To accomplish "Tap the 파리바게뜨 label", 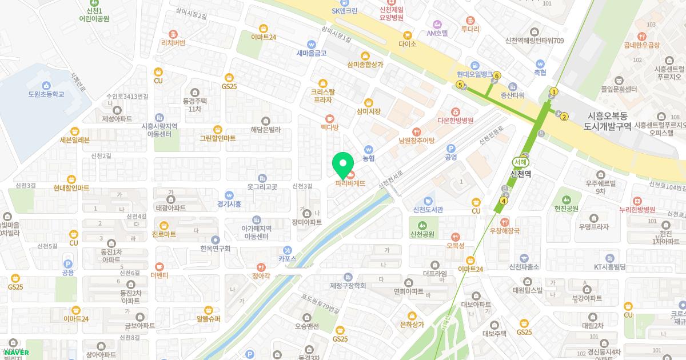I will click(350, 183).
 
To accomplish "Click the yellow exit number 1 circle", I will click(553, 91).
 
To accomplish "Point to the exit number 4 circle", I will click(504, 201).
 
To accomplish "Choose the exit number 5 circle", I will click(460, 85).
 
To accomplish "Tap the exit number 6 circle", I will click(497, 75).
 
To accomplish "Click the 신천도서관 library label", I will click(428, 210).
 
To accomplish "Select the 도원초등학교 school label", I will click(46, 94).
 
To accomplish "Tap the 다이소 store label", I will click(408, 43).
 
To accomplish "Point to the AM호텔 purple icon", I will click(438, 25).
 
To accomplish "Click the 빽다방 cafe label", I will click(330, 127).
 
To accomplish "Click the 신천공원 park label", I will click(422, 234).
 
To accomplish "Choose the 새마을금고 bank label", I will click(311, 53).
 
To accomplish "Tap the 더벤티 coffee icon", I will click(159, 266).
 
